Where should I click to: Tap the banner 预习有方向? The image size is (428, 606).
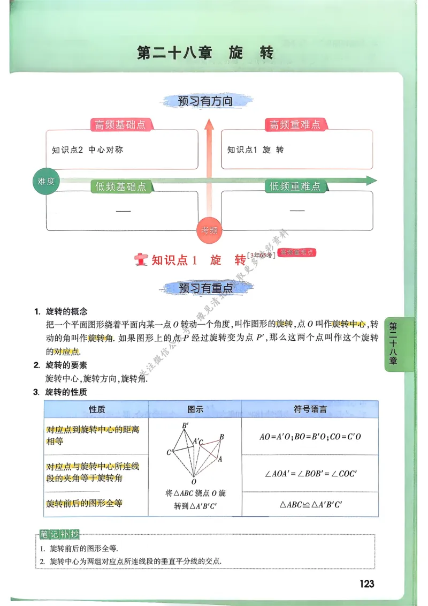tap(205, 101)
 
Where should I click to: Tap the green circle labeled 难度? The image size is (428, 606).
tap(46, 181)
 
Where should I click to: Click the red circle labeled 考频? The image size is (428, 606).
tap(209, 230)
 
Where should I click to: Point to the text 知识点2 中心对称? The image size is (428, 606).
tap(87, 150)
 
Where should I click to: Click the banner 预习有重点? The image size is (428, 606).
tap(205, 288)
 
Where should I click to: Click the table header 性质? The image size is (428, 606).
tap(97, 409)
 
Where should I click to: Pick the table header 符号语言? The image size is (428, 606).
tap(310, 409)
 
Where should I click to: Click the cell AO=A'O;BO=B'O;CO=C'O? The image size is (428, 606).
tap(310, 437)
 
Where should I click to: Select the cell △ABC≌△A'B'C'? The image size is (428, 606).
tap(310, 505)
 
